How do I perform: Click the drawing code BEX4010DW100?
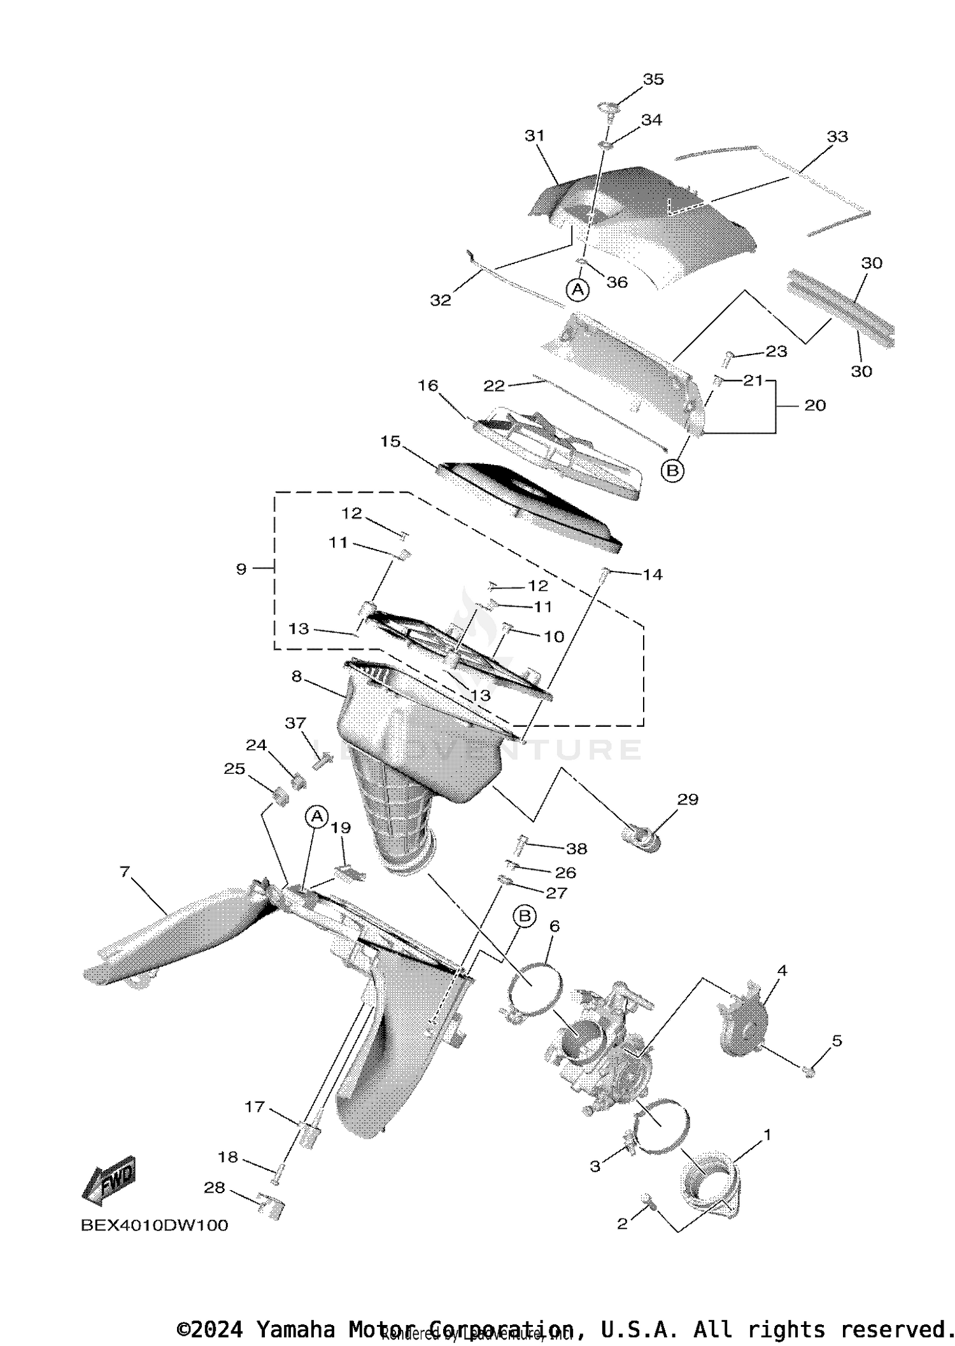[154, 1225]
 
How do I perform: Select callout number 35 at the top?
[653, 80]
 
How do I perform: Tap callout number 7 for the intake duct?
[124, 871]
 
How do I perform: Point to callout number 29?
[688, 799]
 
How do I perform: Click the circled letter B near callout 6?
[525, 916]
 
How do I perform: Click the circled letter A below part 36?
[577, 290]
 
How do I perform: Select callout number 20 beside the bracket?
[815, 405]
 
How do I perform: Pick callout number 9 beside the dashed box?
[241, 569]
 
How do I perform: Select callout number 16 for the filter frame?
[428, 386]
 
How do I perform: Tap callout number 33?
[837, 137]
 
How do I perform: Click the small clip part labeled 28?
[270, 1205]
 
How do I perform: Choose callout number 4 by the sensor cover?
[782, 971]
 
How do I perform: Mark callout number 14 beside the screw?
[653, 575]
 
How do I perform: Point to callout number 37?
[295, 723]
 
